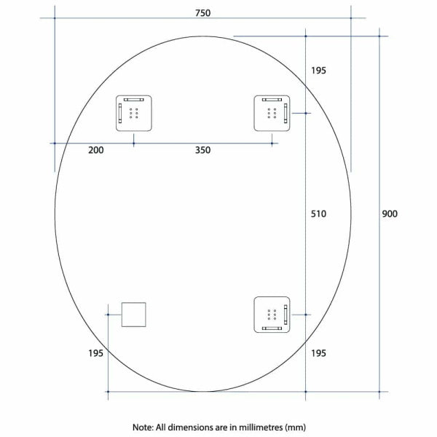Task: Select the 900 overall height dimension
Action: pyautogui.click(x=390, y=213)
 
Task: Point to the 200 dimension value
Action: pyautogui.click(x=95, y=150)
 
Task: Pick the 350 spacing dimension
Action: pyautogui.click(x=202, y=150)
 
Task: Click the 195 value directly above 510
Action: pyautogui.click(x=318, y=71)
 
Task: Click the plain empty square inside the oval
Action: pyautogui.click(x=134, y=315)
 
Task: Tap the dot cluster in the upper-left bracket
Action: pyautogui.click(x=134, y=113)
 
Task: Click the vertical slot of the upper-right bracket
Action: pyautogui.click(x=286, y=113)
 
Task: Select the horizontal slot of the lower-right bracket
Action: pyautogui.click(x=272, y=328)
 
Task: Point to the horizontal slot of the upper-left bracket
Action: pyautogui.click(x=134, y=99)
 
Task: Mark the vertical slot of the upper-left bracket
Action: pyautogui.click(x=119, y=114)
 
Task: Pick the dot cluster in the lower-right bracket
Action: pyautogui.click(x=272, y=315)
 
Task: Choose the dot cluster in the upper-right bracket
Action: pyautogui.click(x=272, y=113)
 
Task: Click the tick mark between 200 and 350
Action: pyautogui.click(x=134, y=143)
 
